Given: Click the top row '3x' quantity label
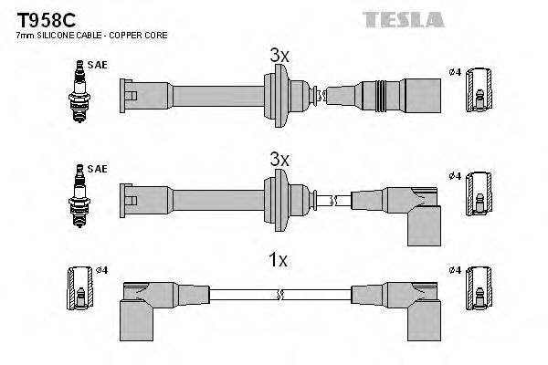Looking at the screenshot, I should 279,57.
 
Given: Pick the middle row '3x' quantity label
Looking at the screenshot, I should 279,159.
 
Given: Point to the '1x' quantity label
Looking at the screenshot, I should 279,261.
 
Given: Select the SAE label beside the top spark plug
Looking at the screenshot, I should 97,67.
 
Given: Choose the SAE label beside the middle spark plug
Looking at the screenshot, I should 97,170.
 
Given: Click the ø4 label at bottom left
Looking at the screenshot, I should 103,271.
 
